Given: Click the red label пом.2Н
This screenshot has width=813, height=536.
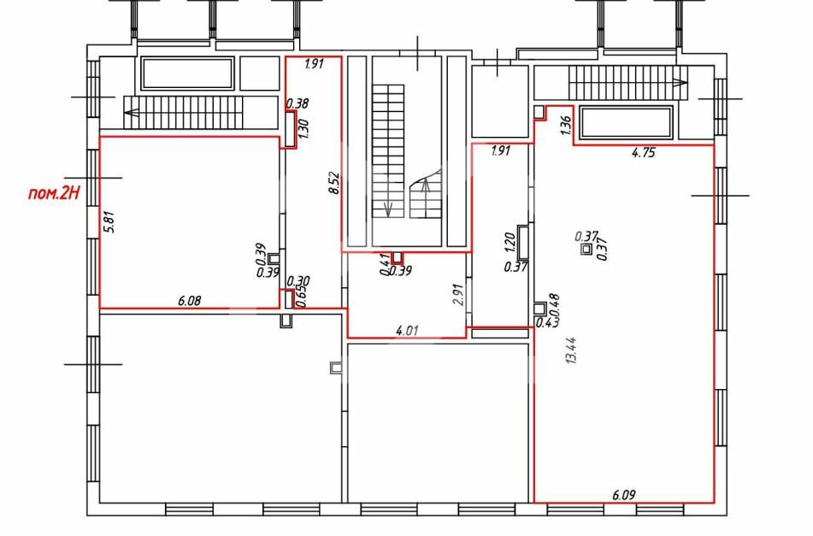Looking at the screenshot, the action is pyautogui.click(x=54, y=193).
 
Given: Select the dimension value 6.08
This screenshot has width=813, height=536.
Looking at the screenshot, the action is pyautogui.click(x=189, y=300).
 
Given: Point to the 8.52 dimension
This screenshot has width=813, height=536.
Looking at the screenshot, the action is pyautogui.click(x=335, y=183).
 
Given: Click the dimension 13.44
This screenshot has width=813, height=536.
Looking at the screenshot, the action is pyautogui.click(x=572, y=350).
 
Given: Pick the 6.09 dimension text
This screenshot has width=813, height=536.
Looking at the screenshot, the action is pyautogui.click(x=623, y=495).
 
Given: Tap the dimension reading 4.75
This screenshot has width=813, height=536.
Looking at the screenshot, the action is pyautogui.click(x=644, y=152).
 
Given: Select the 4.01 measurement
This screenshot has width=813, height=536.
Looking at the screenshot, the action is pyautogui.click(x=407, y=330).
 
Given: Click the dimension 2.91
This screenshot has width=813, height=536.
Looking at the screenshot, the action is pyautogui.click(x=458, y=294).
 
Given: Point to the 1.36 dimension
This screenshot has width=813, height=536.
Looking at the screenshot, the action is pyautogui.click(x=566, y=126).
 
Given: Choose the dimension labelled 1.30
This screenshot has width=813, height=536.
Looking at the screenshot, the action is pyautogui.click(x=303, y=127).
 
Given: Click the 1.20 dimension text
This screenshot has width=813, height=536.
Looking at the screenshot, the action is pyautogui.click(x=510, y=241).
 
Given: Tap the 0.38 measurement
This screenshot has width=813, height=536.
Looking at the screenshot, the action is pyautogui.click(x=298, y=103).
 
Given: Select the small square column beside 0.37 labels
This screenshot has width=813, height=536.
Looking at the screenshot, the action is pyautogui.click(x=586, y=250).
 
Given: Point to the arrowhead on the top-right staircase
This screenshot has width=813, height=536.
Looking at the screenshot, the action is pyautogui.click(x=680, y=82).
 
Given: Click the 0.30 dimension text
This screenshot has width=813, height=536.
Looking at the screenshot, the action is pyautogui.click(x=298, y=281).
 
